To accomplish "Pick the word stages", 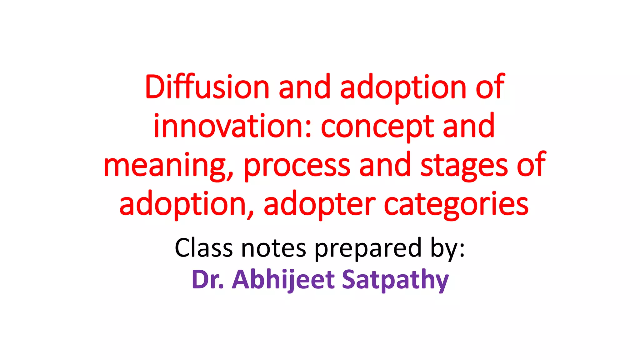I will [x=464, y=166].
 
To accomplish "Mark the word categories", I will [x=456, y=205].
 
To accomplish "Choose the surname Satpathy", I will [x=395, y=280].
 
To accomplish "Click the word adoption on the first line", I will [x=403, y=87].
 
